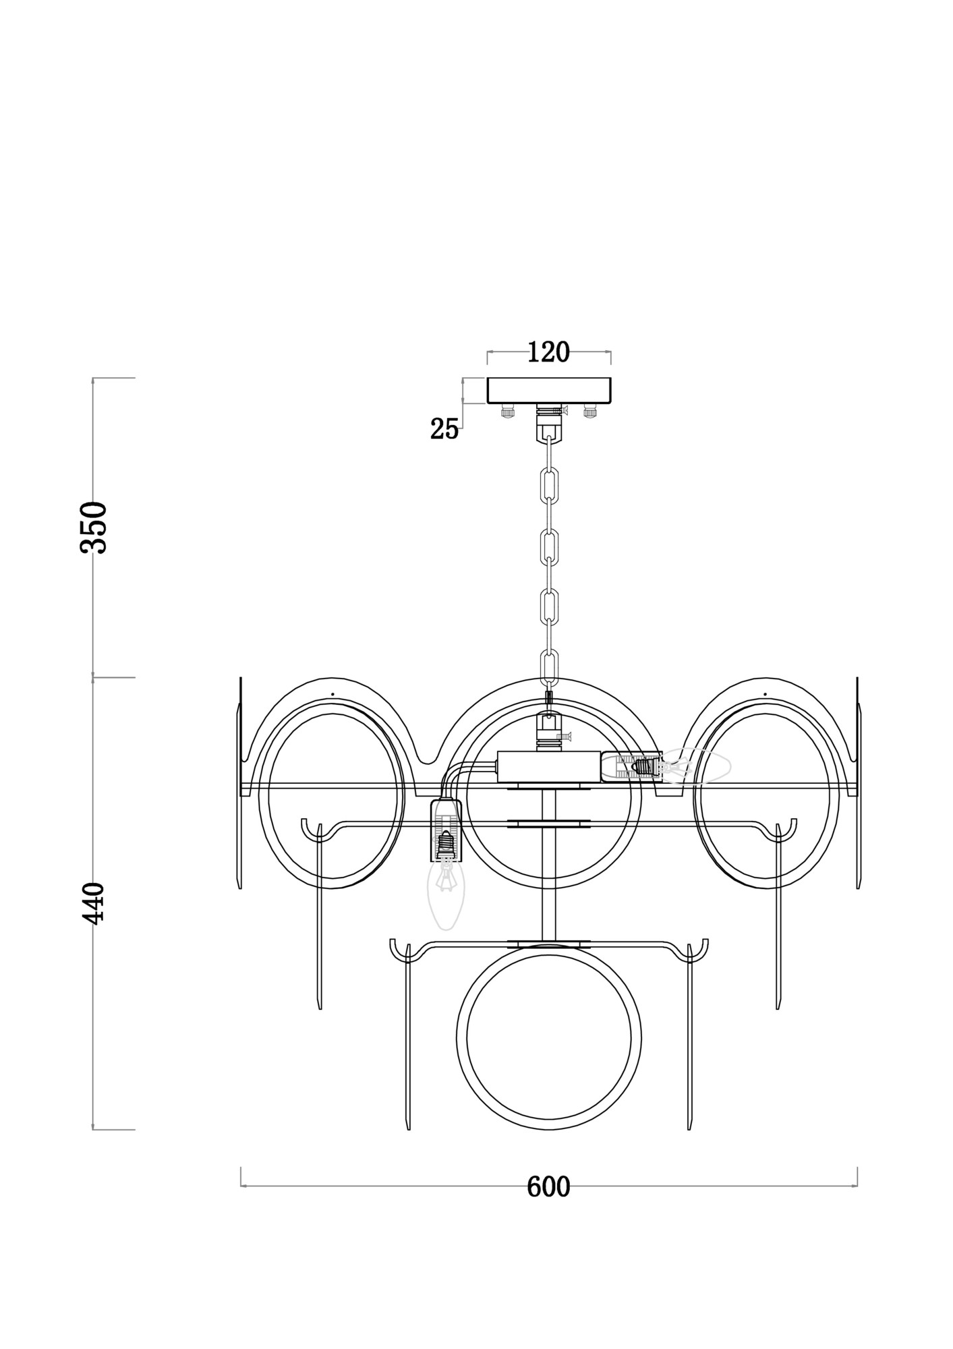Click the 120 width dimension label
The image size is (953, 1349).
click(548, 352)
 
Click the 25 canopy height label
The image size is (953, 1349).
click(444, 429)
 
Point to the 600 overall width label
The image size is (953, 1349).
click(548, 1187)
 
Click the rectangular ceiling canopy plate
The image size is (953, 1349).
click(548, 390)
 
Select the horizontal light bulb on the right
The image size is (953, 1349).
click(695, 766)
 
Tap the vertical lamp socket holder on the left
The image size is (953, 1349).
click(445, 830)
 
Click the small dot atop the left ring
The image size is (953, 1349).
click(333, 693)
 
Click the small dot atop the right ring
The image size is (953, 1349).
click(765, 693)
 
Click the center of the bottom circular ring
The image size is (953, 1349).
click(548, 1038)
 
